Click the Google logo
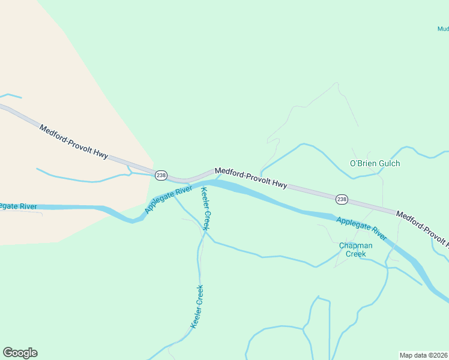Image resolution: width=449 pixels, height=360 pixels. pos(20,353)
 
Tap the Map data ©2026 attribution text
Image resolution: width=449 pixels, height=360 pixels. pos(424,355)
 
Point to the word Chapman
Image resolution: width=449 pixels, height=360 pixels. pos(355,245)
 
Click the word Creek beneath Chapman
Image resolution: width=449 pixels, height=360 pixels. pos(355,254)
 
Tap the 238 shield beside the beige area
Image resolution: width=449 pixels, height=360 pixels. pos(160,175)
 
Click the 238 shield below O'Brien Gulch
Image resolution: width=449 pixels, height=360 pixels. pos(342,199)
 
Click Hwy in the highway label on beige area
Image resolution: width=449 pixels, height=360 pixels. pos(100,154)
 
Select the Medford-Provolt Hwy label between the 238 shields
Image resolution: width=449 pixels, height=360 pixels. pos(251,178)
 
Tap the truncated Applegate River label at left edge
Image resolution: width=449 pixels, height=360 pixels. pos(18,206)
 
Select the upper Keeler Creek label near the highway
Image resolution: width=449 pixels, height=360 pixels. pos(205,209)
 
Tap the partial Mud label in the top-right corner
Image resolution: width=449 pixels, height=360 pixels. pos(442,28)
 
